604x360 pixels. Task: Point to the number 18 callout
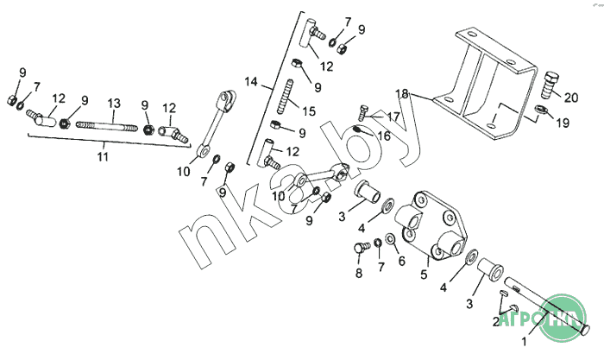click(x=402, y=92)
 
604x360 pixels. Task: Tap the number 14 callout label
click(x=251, y=81)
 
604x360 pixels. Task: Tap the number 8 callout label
click(x=357, y=274)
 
